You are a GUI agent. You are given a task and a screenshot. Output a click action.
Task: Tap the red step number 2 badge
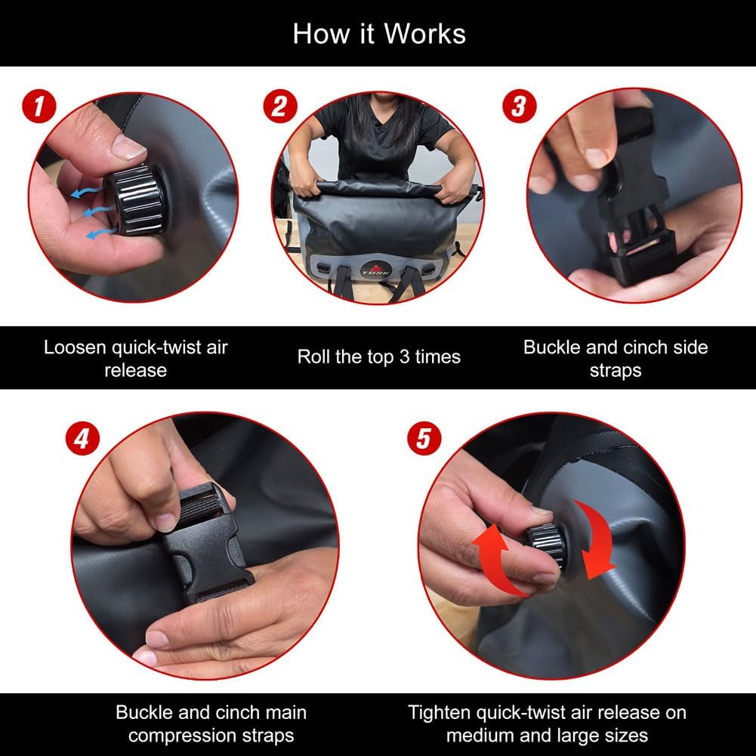coord(280,106)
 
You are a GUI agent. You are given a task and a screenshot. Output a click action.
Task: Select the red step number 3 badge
coord(520,106)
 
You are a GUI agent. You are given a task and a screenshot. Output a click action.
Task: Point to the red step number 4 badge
coord(82,439)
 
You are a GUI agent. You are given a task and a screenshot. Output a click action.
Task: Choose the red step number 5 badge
coord(424,439)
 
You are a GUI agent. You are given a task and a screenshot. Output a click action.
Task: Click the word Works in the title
coord(424,34)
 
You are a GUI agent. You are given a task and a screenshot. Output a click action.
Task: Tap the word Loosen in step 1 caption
coord(75,347)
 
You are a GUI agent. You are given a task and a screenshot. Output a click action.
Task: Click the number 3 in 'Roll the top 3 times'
coord(404,356)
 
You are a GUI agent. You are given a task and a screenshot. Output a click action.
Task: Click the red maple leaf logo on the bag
coord(377,267)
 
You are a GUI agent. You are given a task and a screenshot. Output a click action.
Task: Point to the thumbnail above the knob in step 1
coord(129,147)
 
